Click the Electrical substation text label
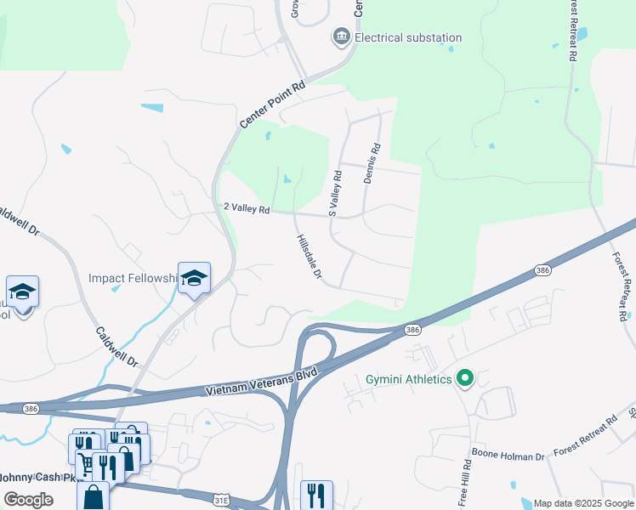click(408, 37)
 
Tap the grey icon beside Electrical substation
click(340, 37)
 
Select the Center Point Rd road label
click(272, 105)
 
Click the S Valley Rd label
click(335, 192)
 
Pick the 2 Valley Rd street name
click(246, 208)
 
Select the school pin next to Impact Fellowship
click(194, 278)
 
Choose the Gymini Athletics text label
click(409, 379)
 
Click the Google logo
click(28, 500)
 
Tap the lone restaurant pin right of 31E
click(316, 496)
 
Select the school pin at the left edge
click(22, 292)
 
